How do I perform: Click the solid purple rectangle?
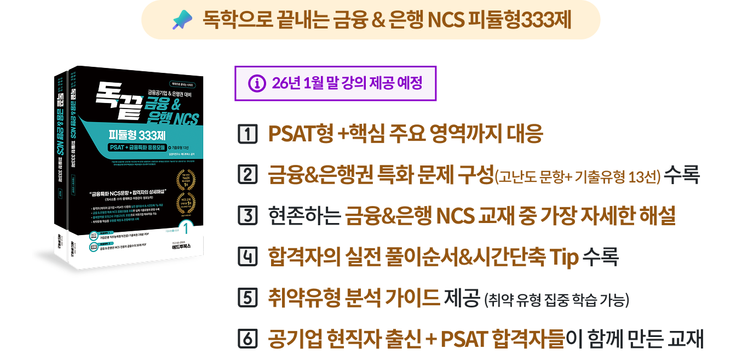(335, 83)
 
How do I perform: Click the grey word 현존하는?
(303, 216)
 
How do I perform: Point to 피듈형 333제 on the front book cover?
(139, 136)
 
